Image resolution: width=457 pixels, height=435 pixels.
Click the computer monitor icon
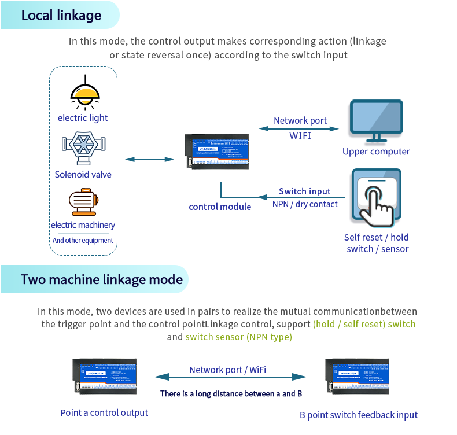[377, 121]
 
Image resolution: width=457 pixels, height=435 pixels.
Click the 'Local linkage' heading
[61, 15]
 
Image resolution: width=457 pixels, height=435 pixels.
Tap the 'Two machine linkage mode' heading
[102, 280]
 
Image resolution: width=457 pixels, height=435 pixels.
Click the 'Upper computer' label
[376, 152]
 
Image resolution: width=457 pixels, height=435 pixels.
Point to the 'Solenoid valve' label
[83, 174]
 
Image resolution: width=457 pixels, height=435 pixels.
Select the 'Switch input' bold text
[305, 191]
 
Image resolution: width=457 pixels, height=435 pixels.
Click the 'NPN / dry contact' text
[305, 204]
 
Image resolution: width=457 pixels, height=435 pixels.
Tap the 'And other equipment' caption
[83, 240]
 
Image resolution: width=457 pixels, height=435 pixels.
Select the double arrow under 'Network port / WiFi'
[230, 377]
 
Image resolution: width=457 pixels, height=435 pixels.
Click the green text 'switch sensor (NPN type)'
[238, 337]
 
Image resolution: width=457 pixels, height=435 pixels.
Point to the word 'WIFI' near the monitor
[300, 135]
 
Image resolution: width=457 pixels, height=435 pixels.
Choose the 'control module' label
[220, 207]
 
